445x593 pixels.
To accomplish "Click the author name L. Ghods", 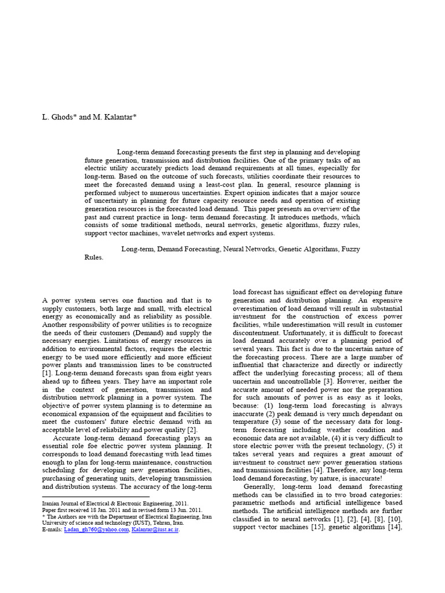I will [59, 117].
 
